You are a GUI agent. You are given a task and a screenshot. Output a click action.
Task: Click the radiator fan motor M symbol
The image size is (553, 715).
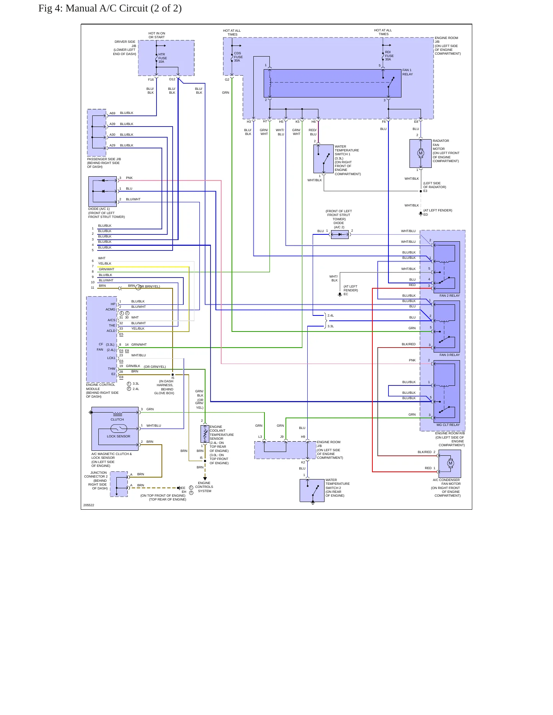click(421, 153)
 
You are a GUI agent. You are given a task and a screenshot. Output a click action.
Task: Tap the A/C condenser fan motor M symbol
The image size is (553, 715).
click(450, 463)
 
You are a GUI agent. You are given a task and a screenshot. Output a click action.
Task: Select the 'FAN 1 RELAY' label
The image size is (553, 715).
click(408, 72)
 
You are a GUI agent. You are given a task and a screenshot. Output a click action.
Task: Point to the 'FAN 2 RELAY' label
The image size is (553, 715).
click(450, 296)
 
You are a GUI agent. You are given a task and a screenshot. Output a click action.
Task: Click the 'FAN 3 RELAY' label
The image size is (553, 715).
click(450, 355)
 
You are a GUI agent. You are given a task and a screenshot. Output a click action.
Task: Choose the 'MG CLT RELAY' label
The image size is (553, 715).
click(448, 425)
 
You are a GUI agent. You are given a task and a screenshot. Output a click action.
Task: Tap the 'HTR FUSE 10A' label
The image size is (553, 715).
click(163, 58)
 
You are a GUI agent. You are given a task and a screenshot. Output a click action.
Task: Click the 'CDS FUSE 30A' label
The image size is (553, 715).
click(238, 57)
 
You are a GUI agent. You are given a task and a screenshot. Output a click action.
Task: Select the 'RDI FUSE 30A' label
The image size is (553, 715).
click(389, 56)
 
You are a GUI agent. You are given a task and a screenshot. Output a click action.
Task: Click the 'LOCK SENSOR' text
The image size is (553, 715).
click(119, 436)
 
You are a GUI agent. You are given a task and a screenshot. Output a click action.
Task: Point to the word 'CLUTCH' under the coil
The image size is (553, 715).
click(117, 419)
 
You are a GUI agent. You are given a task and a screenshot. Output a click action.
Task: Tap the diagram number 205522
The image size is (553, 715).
click(89, 505)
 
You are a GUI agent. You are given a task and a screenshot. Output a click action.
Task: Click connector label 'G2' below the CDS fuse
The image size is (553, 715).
click(227, 80)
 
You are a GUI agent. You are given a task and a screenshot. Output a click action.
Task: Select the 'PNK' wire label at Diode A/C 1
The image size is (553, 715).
click(129, 178)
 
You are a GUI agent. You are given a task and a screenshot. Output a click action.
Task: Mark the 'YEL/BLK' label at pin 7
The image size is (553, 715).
click(105, 263)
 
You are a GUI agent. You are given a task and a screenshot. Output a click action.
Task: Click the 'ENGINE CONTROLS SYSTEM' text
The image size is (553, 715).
click(204, 487)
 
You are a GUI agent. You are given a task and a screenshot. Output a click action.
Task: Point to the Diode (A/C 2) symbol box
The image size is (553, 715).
click(340, 234)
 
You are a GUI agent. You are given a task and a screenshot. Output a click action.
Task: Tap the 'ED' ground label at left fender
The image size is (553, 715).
click(426, 214)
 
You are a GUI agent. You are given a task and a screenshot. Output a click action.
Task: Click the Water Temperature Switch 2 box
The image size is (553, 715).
click(312, 491)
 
